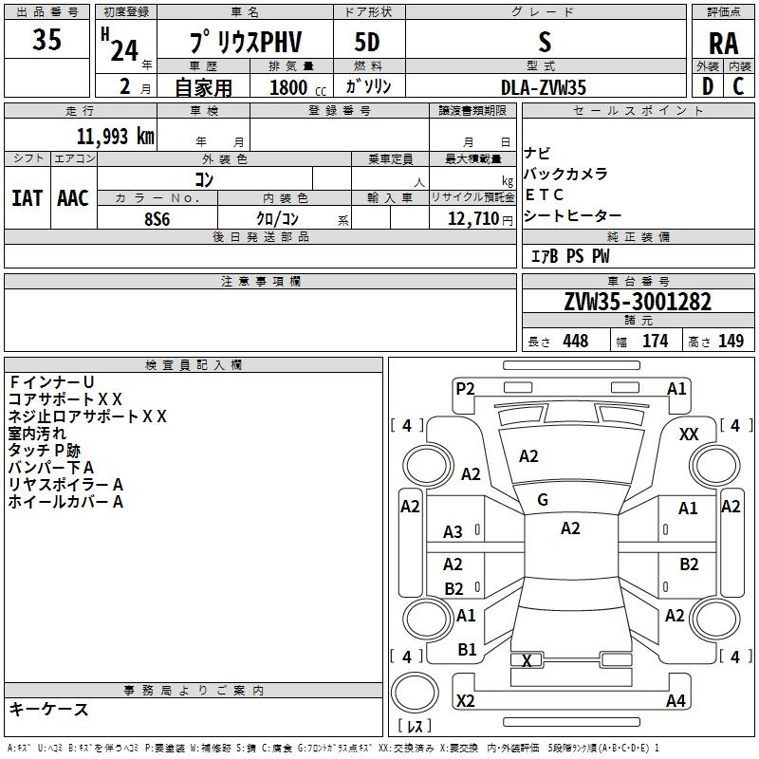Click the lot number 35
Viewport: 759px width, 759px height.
46,39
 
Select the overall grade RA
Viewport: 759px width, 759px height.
723,44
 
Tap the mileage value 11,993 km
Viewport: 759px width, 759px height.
116,137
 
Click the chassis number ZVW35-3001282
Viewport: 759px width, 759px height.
638,302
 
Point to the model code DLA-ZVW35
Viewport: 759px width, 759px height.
544,87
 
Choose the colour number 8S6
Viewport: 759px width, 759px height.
157,219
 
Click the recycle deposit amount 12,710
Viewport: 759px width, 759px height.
473,218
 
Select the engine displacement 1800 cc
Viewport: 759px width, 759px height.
298,87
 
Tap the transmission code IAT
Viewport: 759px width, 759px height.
27,198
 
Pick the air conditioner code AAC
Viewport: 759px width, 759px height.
73,198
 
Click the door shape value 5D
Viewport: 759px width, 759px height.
367,43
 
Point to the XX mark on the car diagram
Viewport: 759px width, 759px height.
689,435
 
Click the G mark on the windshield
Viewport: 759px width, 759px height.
543,500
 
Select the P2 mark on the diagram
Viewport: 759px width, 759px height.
465,389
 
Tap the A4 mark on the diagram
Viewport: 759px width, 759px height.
676,700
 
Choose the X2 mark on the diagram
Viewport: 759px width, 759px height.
466,700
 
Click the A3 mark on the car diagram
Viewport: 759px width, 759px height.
454,532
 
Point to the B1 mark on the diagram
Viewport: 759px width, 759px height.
467,650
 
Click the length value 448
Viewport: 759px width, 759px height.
576,341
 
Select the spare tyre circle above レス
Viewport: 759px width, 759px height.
415,693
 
